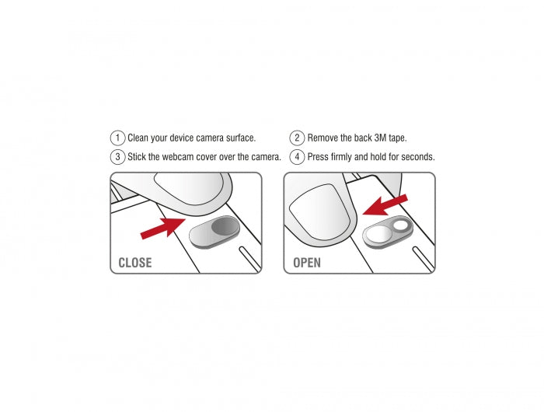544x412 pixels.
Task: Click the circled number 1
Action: (117, 138)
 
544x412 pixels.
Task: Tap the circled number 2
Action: (297, 138)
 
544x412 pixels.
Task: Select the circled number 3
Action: (117, 156)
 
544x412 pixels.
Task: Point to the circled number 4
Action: (297, 156)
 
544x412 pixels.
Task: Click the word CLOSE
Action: (135, 263)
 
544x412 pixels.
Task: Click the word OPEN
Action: (307, 263)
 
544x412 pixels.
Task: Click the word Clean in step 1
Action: (139, 138)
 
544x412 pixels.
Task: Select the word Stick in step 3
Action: (138, 156)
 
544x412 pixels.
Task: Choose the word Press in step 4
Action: (319, 156)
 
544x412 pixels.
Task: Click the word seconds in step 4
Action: (415, 156)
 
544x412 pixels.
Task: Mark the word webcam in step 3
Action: (183, 156)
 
